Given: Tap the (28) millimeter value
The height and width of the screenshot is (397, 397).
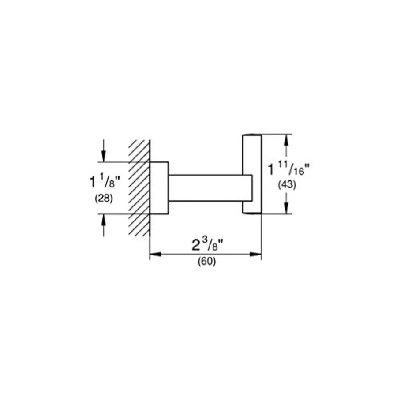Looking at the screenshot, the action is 104,198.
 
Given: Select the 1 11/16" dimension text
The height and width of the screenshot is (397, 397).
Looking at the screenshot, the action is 289,169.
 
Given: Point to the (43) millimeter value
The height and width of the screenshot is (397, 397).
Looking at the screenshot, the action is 287,184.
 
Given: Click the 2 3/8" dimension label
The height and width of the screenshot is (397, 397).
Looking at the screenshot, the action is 207,244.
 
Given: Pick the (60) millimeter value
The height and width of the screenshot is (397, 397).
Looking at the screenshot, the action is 207,261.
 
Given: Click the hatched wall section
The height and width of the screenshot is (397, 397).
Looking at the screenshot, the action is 139,188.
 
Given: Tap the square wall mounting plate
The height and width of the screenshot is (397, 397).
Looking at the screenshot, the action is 159,188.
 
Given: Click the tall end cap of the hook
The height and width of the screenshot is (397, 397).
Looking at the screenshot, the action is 252,174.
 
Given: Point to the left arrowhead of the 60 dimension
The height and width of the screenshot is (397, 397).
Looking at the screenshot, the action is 155,254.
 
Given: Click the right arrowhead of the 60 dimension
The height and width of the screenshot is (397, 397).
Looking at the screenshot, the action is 255,254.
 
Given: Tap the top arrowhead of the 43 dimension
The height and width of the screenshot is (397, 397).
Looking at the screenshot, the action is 286,140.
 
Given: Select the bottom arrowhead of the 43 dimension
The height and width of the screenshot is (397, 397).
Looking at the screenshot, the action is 286,208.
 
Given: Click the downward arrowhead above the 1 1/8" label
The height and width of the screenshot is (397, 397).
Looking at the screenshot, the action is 104,156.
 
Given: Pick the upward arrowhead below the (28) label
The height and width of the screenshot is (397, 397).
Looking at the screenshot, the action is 104,220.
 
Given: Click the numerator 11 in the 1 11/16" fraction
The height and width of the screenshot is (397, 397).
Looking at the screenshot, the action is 283,165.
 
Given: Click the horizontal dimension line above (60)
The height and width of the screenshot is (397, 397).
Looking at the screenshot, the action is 206,254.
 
